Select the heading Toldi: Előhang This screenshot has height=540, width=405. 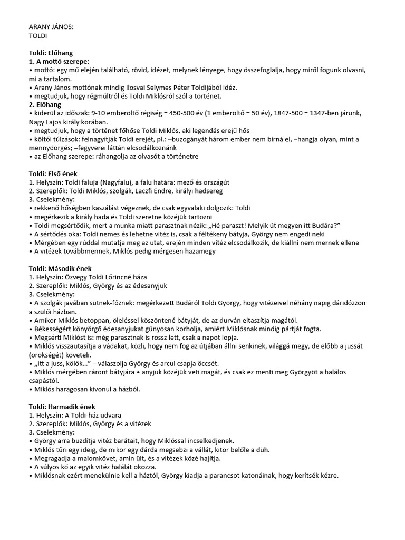click(51, 53)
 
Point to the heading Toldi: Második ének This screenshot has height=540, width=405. click(60, 268)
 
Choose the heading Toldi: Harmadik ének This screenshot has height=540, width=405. click(62, 407)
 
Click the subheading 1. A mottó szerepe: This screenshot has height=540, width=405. click(59, 62)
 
